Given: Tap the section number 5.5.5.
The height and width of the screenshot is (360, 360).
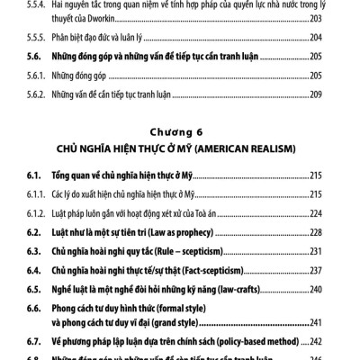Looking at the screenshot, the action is (x=38, y=39).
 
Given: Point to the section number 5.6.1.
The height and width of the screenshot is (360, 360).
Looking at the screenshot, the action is (x=38, y=75).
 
